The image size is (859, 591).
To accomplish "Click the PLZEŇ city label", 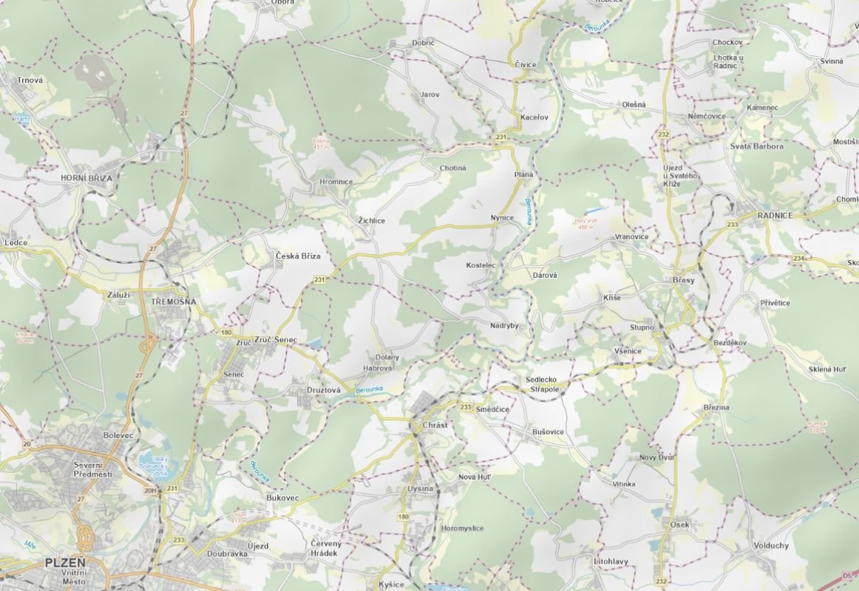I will (x=65, y=562).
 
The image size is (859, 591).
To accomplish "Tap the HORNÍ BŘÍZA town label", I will (x=86, y=178).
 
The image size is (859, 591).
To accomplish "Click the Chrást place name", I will (x=436, y=426).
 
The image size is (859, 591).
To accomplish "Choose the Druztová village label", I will (x=323, y=389).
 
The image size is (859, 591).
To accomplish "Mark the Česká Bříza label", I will (x=298, y=256).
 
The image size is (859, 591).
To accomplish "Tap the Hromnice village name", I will (x=336, y=182).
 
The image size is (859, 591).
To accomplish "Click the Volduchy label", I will (x=771, y=546).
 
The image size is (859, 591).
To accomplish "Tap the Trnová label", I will (x=30, y=81).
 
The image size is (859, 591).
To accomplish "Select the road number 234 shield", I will (x=798, y=258).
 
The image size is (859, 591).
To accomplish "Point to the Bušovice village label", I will (x=548, y=431).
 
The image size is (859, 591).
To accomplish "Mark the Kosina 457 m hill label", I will (x=321, y=143).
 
